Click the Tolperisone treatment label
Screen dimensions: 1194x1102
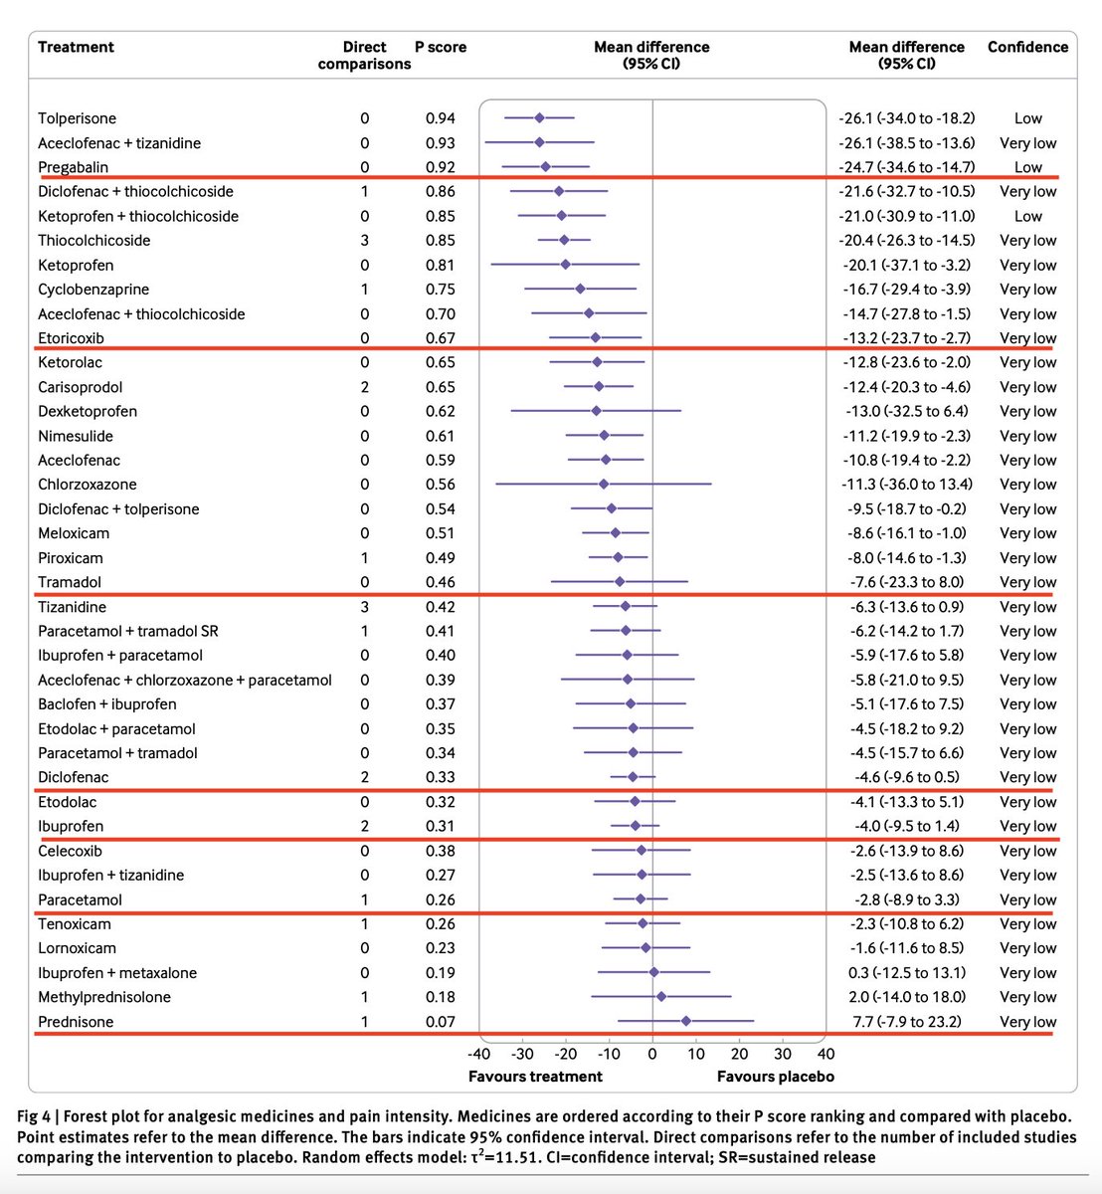pos(77,118)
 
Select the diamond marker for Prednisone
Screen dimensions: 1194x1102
pos(685,1021)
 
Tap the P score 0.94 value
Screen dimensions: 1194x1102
pos(440,118)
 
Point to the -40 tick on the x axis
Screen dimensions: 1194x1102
pos(478,1054)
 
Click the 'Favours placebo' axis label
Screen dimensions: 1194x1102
pos(775,1076)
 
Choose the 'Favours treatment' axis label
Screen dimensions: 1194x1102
pos(535,1076)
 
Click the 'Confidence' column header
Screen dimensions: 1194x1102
pos(1027,47)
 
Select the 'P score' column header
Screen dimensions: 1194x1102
pos(440,47)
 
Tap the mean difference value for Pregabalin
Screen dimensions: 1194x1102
pos(906,167)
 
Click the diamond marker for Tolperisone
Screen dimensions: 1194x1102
pos(539,118)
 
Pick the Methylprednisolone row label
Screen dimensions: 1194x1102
pos(104,997)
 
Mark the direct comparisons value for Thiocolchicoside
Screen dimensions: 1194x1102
pos(365,240)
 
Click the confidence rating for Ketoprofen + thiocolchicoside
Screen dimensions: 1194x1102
pos(1027,216)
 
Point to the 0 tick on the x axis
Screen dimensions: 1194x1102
pos(652,1054)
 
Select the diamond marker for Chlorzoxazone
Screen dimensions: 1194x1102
pos(603,485)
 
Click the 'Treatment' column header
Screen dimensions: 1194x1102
pos(76,47)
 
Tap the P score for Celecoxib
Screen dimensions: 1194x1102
pos(440,851)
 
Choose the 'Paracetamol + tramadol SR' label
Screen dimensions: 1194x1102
pos(128,631)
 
